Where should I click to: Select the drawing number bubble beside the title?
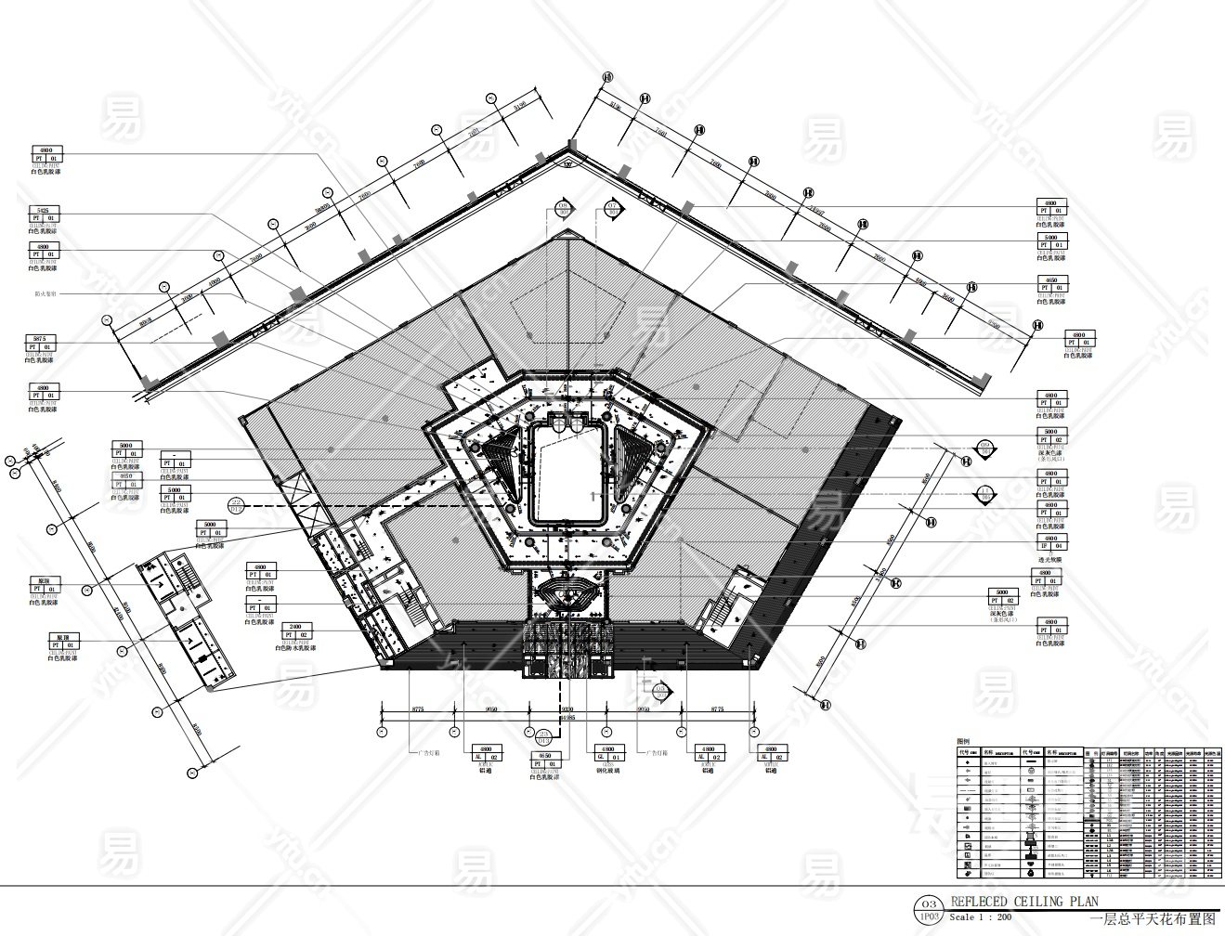926,908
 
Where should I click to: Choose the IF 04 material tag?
1050,543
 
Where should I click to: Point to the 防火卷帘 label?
44,293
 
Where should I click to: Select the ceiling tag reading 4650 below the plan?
543,762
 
